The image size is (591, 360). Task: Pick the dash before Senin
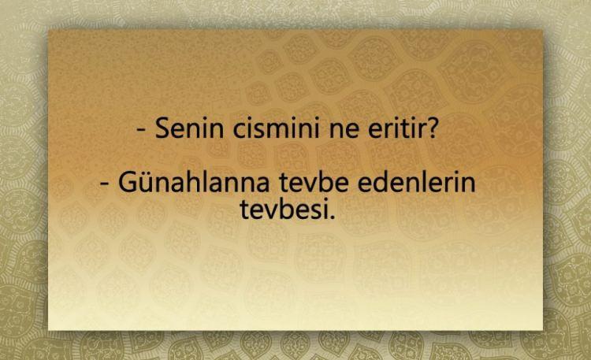(x=142, y=130)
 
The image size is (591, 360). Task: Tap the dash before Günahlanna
(x=105, y=184)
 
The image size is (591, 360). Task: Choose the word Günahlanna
(x=194, y=182)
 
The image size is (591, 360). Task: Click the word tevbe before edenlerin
(x=314, y=182)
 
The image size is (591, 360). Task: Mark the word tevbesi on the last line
(x=284, y=210)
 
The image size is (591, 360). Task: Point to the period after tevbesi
(x=332, y=217)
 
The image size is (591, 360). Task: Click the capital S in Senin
(x=163, y=128)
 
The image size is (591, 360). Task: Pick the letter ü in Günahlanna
(x=148, y=184)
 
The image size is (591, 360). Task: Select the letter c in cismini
(x=240, y=132)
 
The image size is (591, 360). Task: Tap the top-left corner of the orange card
(x=48, y=30)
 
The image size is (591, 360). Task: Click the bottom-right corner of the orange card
(x=543, y=331)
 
